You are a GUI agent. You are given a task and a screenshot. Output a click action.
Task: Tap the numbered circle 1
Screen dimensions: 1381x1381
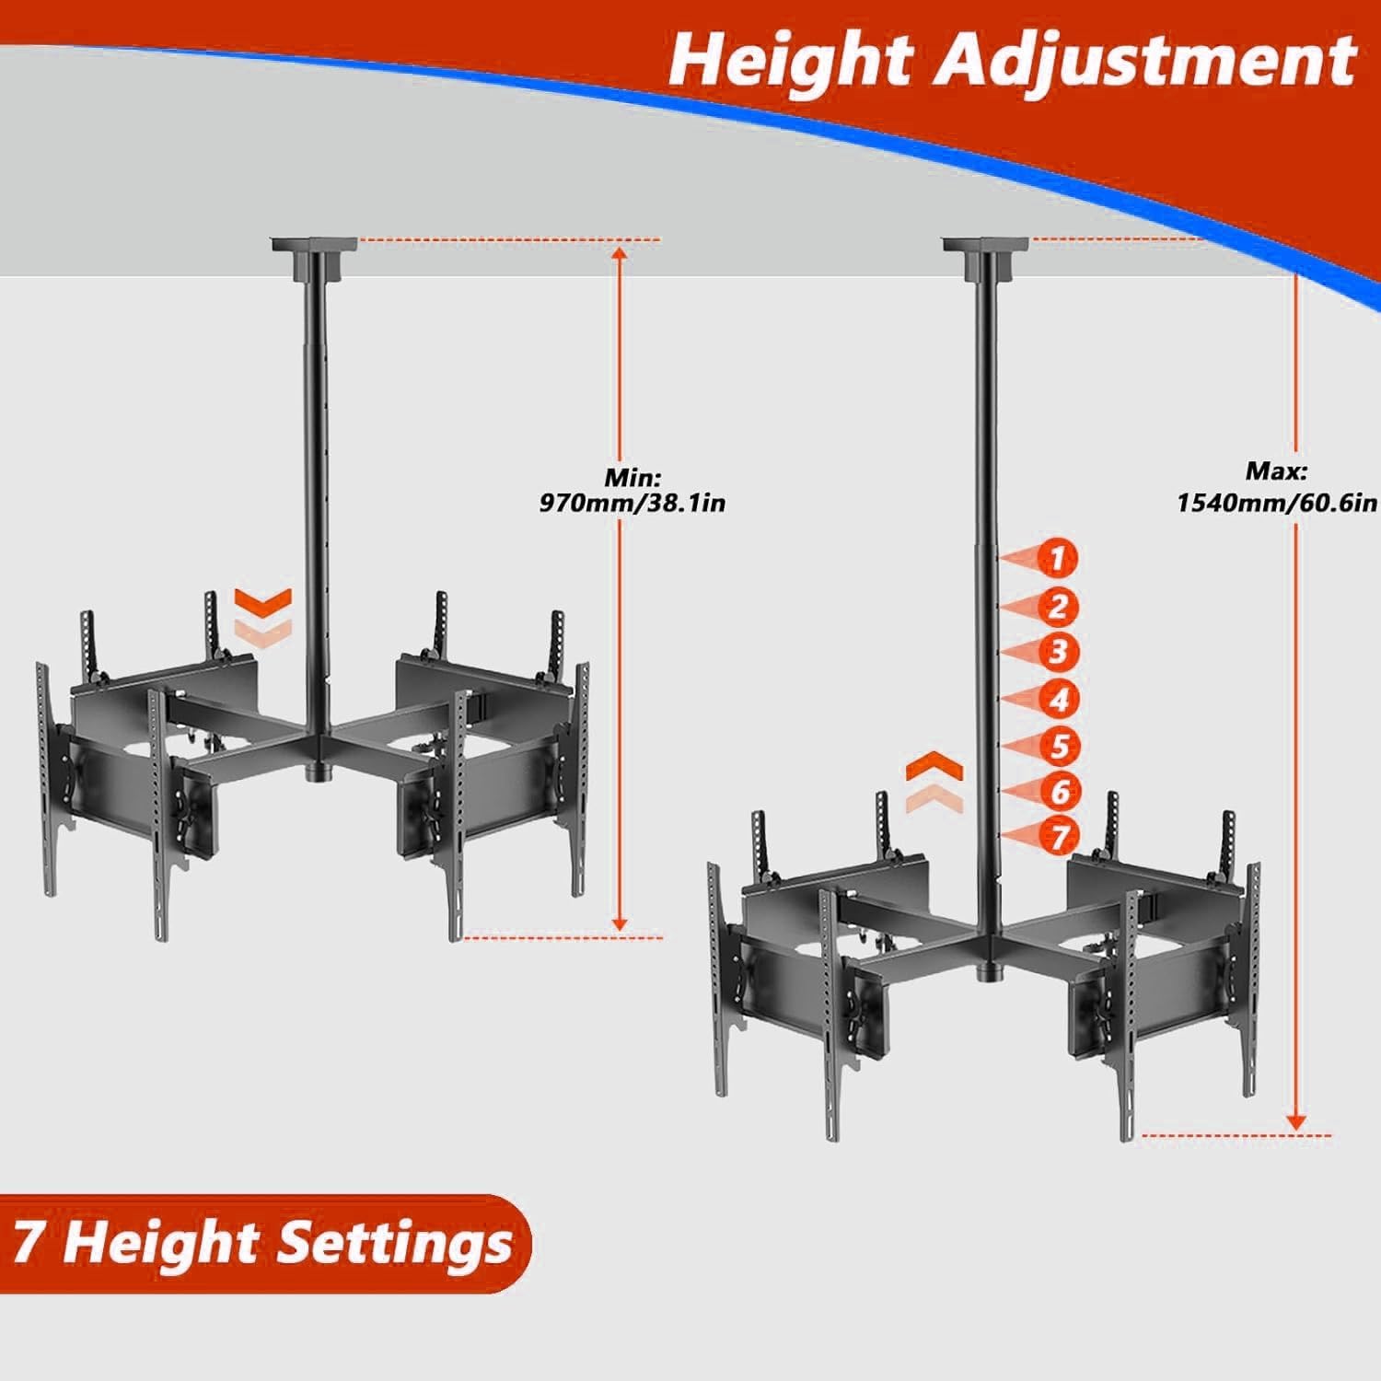point(1059,558)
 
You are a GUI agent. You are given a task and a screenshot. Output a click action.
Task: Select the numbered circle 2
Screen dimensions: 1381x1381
point(1059,607)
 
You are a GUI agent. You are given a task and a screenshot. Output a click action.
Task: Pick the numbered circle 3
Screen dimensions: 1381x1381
point(1059,652)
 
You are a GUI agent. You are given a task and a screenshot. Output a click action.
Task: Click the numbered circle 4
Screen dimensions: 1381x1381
point(1059,700)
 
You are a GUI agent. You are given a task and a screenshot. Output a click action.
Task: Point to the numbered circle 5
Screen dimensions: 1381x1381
point(1059,746)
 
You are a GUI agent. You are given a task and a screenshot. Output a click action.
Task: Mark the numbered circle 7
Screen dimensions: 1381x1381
point(1059,837)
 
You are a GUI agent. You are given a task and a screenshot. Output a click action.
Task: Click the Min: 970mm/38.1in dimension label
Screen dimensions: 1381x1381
point(632,491)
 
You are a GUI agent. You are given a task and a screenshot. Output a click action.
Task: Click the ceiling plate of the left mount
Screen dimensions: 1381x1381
point(313,247)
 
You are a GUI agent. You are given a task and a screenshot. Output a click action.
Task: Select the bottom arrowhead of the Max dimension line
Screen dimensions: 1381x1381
point(1295,1122)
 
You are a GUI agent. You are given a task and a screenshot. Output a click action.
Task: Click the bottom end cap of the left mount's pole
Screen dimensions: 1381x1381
point(315,773)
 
